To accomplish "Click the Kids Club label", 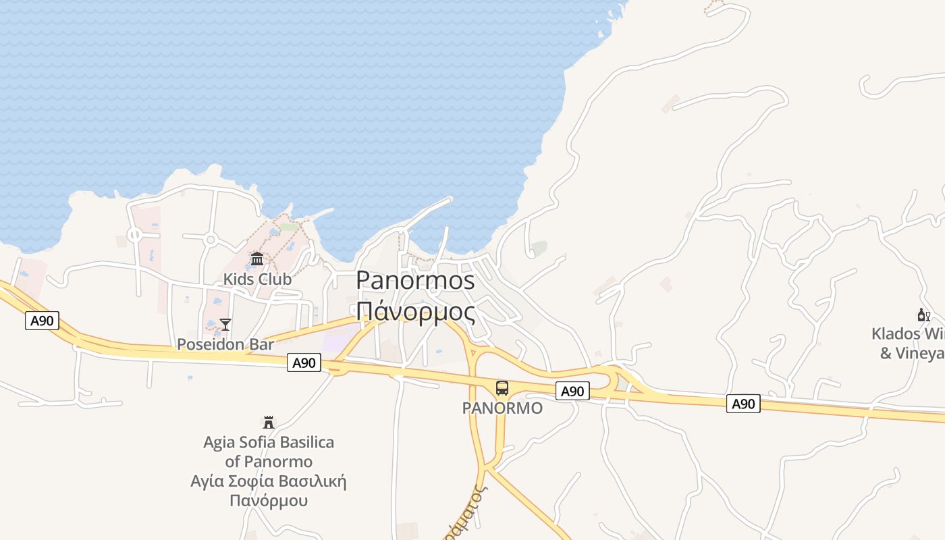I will [x=257, y=279].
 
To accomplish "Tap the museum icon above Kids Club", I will [x=257, y=259].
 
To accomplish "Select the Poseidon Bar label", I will [x=225, y=344].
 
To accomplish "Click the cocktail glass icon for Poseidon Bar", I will [x=225, y=325].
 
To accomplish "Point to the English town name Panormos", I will [x=415, y=280].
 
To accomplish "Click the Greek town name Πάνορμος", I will [x=415, y=311].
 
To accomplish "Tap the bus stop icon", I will [x=502, y=388].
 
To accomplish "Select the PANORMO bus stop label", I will [x=502, y=408].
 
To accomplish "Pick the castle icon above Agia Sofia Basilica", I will [x=269, y=423].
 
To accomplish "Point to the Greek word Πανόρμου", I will [x=269, y=501].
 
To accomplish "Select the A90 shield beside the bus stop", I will [x=572, y=391].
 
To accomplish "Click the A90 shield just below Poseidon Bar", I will [x=304, y=362].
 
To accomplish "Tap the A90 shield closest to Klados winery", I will [x=743, y=404].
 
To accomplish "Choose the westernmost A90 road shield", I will [x=42, y=321].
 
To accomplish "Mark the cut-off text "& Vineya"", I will [x=912, y=353].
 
